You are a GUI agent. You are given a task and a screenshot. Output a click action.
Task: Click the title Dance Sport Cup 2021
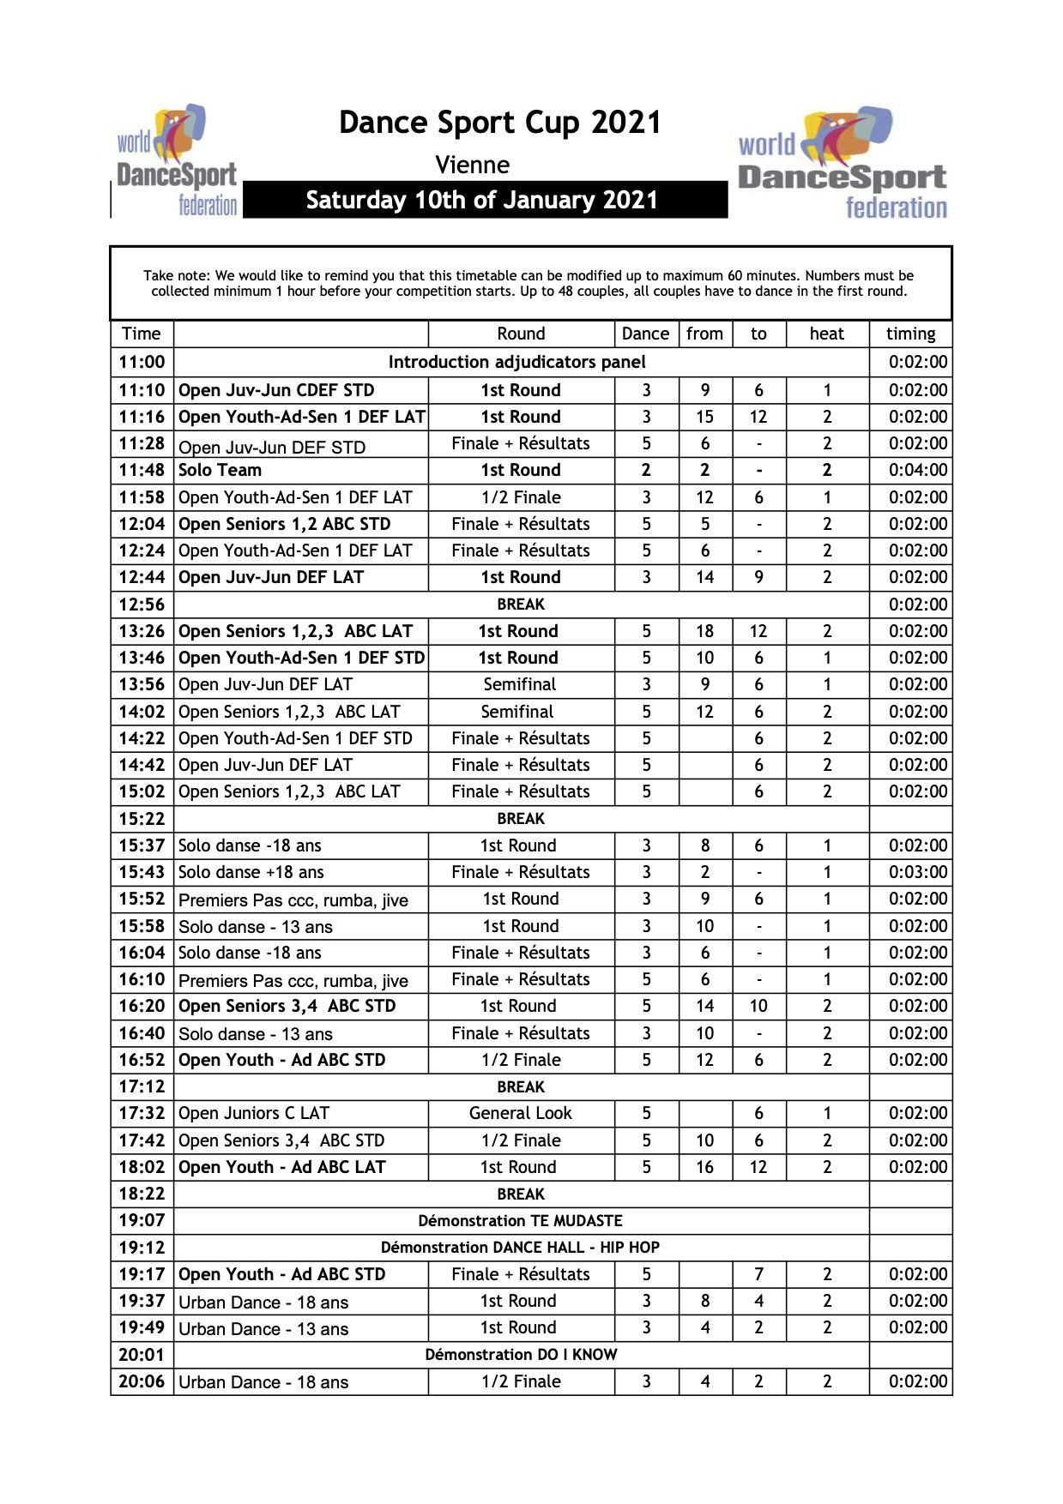pyautogui.click(x=500, y=123)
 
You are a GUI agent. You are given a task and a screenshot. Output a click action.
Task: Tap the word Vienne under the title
pyautogui.click(x=472, y=165)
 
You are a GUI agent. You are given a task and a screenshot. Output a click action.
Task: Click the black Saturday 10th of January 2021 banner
pyautogui.click(x=484, y=200)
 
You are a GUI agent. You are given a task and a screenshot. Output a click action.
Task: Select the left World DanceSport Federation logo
pyautogui.click(x=177, y=161)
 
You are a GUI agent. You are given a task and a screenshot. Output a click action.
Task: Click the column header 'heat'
pyautogui.click(x=826, y=334)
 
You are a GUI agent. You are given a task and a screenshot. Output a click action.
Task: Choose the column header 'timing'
pyautogui.click(x=910, y=334)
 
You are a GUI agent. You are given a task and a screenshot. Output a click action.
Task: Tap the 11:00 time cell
pyautogui.click(x=142, y=362)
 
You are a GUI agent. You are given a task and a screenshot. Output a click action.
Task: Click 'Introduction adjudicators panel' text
pyautogui.click(x=516, y=362)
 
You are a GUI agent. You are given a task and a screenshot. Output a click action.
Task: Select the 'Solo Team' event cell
pyautogui.click(x=220, y=470)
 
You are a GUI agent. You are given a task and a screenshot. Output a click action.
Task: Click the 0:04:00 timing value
pyautogui.click(x=917, y=470)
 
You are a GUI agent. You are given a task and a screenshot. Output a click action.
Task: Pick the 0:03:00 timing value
pyautogui.click(x=917, y=872)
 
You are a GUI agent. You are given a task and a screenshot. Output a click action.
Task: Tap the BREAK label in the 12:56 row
pyautogui.click(x=521, y=605)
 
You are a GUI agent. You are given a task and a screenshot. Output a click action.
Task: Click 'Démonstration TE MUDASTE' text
pyautogui.click(x=520, y=1220)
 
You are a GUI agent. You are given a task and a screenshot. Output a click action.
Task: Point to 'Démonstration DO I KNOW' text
pyautogui.click(x=521, y=1355)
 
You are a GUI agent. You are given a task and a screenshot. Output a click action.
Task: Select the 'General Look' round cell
pyautogui.click(x=520, y=1113)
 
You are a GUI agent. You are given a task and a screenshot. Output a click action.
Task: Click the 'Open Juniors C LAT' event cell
pyautogui.click(x=254, y=1113)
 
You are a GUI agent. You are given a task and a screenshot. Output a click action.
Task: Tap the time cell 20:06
pyautogui.click(x=142, y=1381)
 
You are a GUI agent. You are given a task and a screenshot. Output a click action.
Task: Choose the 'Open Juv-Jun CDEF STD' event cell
pyautogui.click(x=276, y=390)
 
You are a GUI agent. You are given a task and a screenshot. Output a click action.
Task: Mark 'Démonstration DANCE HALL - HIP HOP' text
pyautogui.click(x=520, y=1248)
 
